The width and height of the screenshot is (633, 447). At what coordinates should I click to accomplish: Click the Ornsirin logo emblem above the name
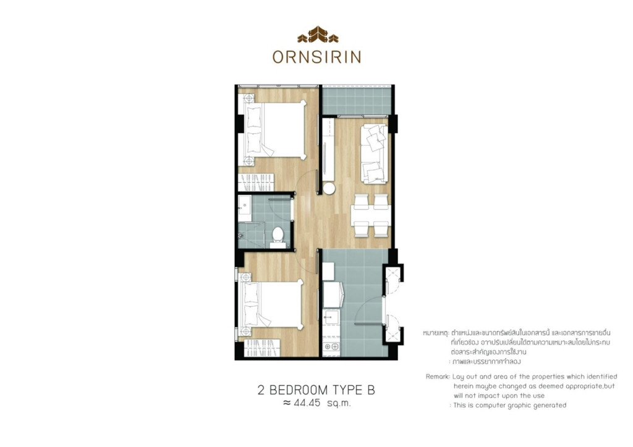[316, 35]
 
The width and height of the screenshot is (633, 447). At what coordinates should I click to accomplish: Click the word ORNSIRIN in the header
[316, 57]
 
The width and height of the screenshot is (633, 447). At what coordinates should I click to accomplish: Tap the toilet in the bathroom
[278, 235]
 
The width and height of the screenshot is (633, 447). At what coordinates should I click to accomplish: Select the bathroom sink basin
[245, 208]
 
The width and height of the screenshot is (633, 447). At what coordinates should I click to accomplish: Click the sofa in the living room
[375, 153]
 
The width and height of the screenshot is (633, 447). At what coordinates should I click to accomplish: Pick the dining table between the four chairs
[370, 216]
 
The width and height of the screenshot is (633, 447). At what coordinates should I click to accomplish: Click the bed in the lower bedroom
[272, 306]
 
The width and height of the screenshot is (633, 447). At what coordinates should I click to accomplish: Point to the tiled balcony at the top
[357, 100]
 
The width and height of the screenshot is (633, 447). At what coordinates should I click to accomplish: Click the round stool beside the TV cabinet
[329, 188]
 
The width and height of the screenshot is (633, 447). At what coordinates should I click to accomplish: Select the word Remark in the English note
[438, 376]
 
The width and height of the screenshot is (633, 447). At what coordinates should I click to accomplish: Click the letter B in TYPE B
[371, 390]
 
